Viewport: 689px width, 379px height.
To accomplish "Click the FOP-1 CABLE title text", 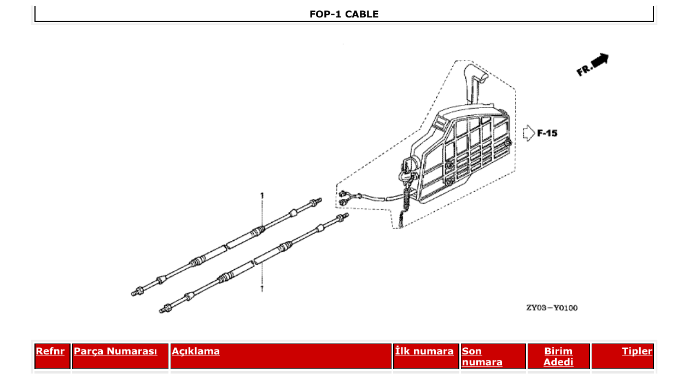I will click(343, 14).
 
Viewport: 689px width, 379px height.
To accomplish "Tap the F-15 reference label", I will click(547, 133).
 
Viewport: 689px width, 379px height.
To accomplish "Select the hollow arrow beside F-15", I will click(528, 133).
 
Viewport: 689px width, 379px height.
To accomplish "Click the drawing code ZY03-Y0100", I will click(551, 308).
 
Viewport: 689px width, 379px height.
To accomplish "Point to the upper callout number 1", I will click(262, 196).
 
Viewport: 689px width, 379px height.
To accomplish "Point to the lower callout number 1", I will click(262, 288).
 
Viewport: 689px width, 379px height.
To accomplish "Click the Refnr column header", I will click(50, 351).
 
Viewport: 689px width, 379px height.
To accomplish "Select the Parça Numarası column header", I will click(115, 351).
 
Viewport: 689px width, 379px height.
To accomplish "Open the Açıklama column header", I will click(196, 351).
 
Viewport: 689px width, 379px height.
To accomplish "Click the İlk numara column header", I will click(424, 351).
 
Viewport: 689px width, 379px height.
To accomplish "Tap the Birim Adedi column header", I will click(558, 356).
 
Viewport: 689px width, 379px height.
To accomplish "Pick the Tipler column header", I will click(637, 351).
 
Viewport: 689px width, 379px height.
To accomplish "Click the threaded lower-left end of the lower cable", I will click(164, 310).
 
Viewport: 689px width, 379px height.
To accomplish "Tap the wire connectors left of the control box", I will click(345, 198).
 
